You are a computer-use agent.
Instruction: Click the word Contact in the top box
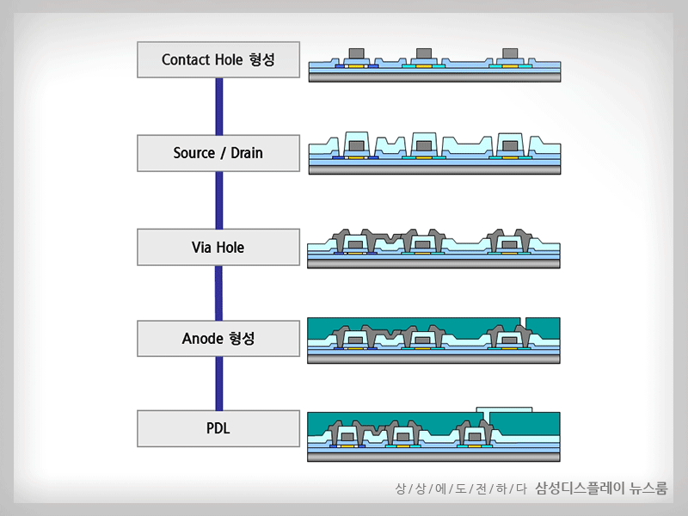coord(187,60)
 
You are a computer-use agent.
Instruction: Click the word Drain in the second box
coord(243,153)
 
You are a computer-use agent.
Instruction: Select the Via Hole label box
coord(218,248)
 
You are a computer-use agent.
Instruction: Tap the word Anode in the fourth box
coord(202,339)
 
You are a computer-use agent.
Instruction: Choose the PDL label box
coord(218,428)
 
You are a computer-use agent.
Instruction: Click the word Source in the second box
coord(193,153)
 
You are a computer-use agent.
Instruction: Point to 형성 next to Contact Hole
coord(261,60)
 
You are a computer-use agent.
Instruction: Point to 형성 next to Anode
coord(243,339)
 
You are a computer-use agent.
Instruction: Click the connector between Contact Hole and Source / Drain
coord(219,106)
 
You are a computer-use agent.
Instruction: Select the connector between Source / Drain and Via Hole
coord(219,200)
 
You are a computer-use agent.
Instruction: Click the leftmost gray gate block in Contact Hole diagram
coord(356,55)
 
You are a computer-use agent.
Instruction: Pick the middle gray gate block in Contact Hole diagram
coord(423,55)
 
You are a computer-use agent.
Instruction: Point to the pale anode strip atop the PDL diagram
coord(504,409)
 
